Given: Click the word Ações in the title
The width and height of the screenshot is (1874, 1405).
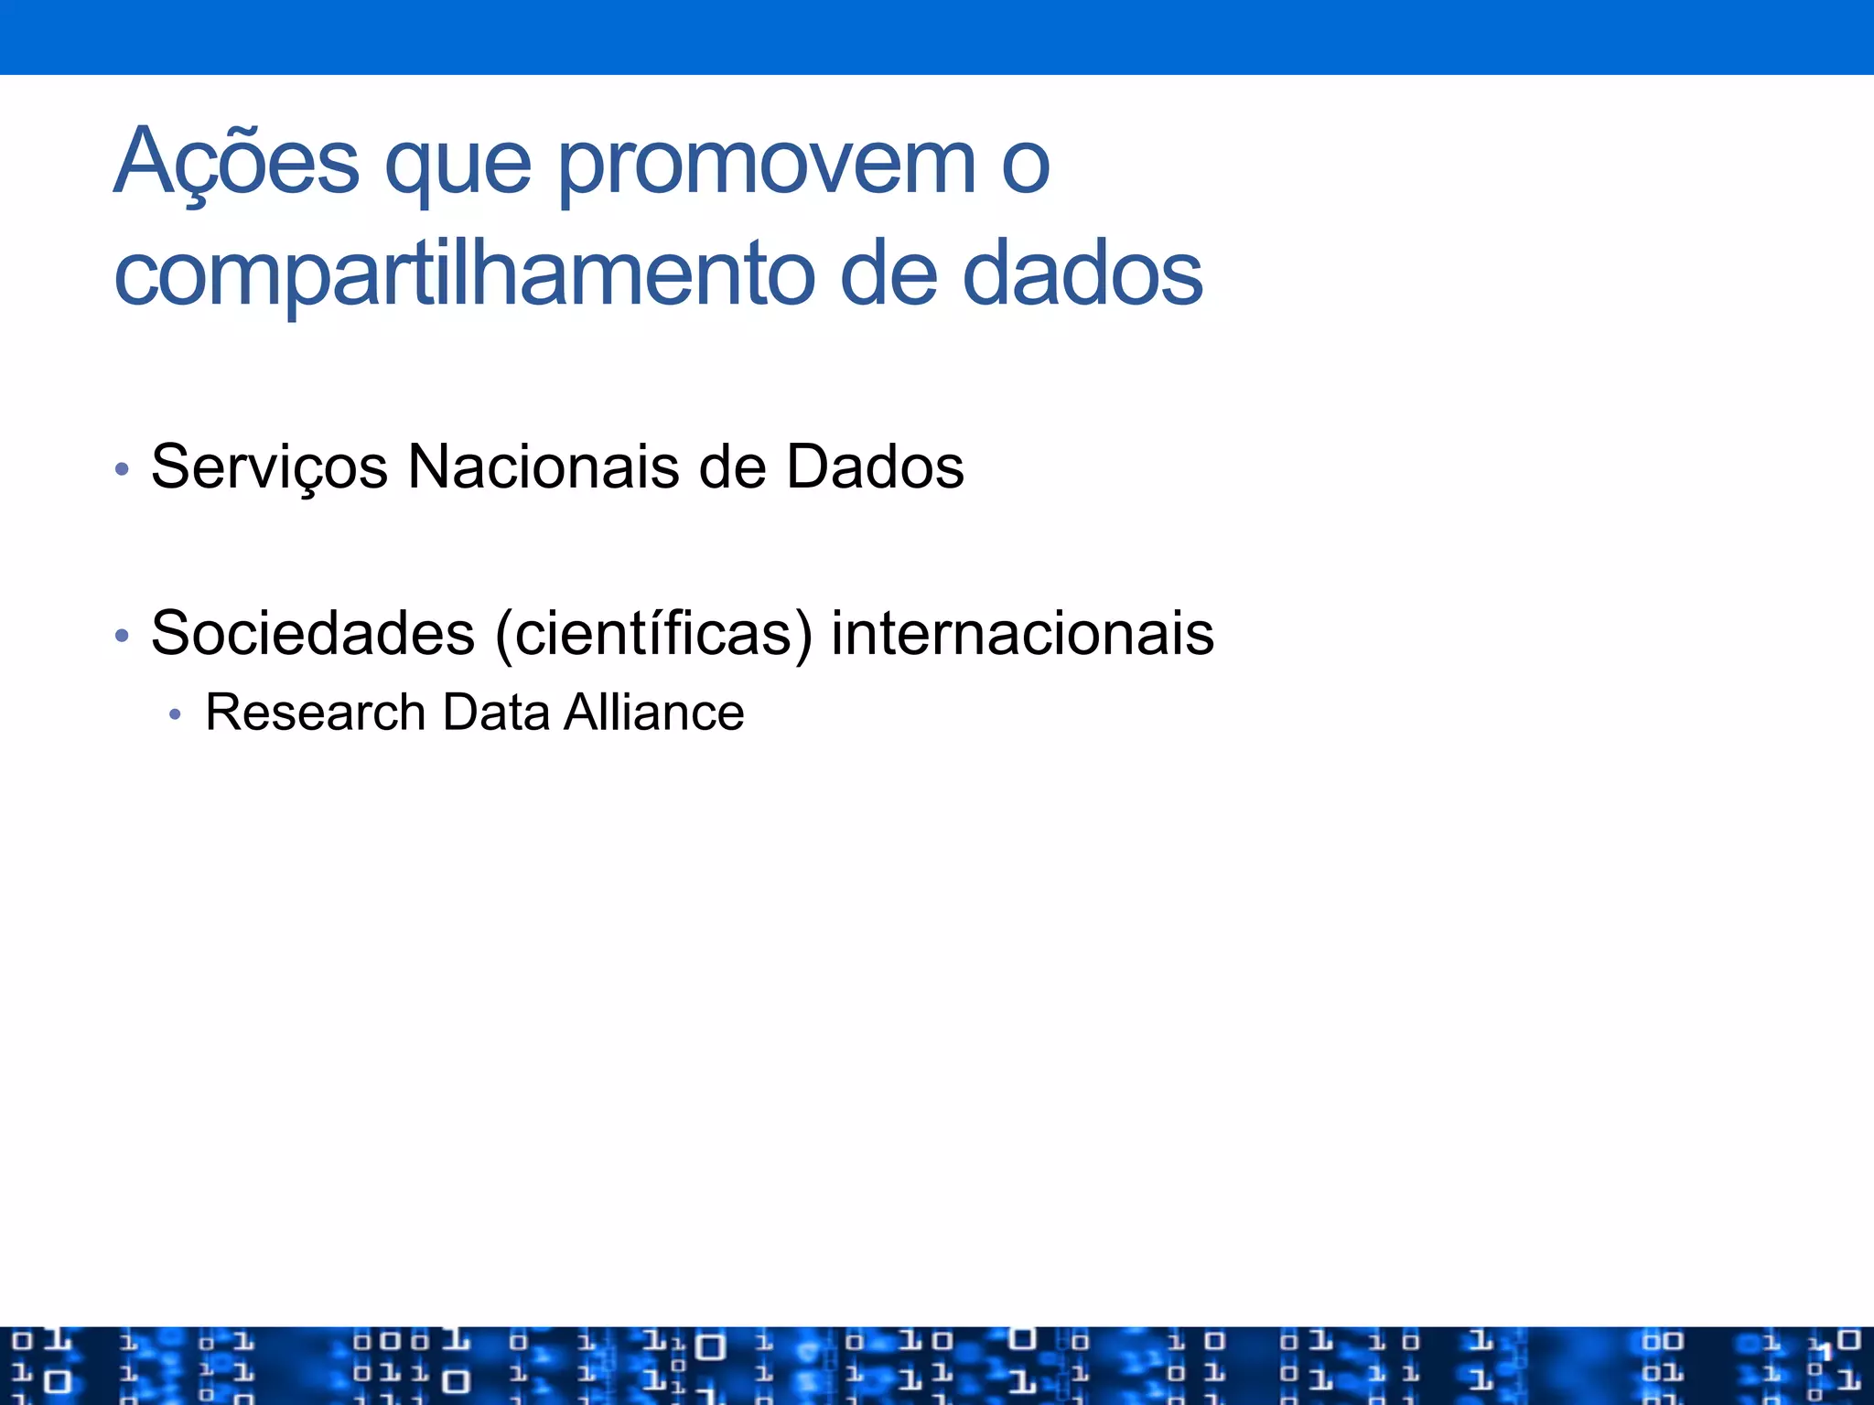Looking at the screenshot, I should [x=236, y=163].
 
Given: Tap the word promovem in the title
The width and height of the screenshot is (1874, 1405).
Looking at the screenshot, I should [x=767, y=165].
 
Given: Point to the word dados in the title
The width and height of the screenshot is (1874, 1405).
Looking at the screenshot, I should [x=1082, y=273].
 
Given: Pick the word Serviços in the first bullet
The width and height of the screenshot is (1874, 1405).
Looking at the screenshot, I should [x=269, y=467].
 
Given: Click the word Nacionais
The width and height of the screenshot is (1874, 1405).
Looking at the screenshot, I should [x=544, y=467].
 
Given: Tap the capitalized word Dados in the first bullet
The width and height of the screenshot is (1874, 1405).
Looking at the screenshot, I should [x=875, y=467].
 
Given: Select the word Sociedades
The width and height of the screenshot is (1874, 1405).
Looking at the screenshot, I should [x=313, y=633].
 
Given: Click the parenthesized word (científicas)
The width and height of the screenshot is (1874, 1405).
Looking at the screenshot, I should [x=653, y=633].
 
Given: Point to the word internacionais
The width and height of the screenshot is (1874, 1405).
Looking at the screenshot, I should [x=1022, y=633].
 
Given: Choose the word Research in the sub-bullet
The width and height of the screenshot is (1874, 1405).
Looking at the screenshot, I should [x=316, y=713].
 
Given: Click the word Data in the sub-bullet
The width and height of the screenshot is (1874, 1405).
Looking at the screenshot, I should [x=495, y=713].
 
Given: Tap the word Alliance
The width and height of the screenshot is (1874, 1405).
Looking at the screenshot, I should [x=653, y=713].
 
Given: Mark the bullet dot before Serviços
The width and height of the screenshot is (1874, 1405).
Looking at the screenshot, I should [x=122, y=470].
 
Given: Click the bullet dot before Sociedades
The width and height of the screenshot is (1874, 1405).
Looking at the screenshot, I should [x=122, y=636].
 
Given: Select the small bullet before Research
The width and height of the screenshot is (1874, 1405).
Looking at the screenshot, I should [x=176, y=714].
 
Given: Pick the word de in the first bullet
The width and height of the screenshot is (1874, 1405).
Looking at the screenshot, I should [x=732, y=467].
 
